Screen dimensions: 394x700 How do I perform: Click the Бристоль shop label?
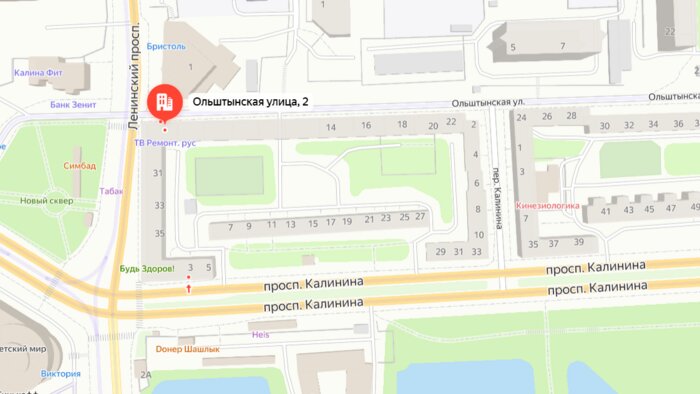click(166, 46)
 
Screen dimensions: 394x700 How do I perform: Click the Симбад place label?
click(79, 166)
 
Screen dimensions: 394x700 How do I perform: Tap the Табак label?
click(111, 190)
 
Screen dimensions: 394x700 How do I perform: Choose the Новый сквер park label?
click(47, 201)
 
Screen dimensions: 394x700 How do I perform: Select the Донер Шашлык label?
click(187, 349)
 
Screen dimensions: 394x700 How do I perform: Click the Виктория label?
click(61, 374)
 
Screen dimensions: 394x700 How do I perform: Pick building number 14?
click(330, 126)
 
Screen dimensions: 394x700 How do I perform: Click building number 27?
click(420, 217)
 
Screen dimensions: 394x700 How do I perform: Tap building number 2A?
click(145, 375)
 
